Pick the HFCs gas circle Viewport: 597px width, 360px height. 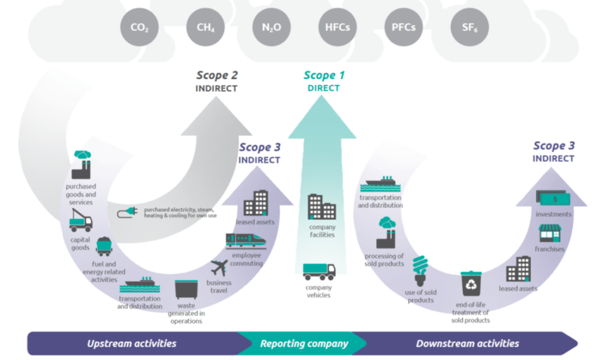pyautogui.click(x=337, y=26)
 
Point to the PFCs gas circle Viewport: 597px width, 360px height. pyautogui.click(x=403, y=26)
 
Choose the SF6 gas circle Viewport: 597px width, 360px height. pyautogui.click(x=469, y=26)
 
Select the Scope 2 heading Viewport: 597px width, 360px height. pyautogui.click(x=216, y=75)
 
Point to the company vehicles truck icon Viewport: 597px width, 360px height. pyautogui.click(x=319, y=271)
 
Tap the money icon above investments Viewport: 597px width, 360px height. pyautogui.click(x=553, y=198)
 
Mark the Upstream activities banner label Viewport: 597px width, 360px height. pyautogui.click(x=131, y=344)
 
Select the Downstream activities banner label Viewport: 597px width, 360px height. pyautogui.click(x=467, y=344)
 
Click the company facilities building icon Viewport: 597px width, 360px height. pyautogui.click(x=321, y=207)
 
